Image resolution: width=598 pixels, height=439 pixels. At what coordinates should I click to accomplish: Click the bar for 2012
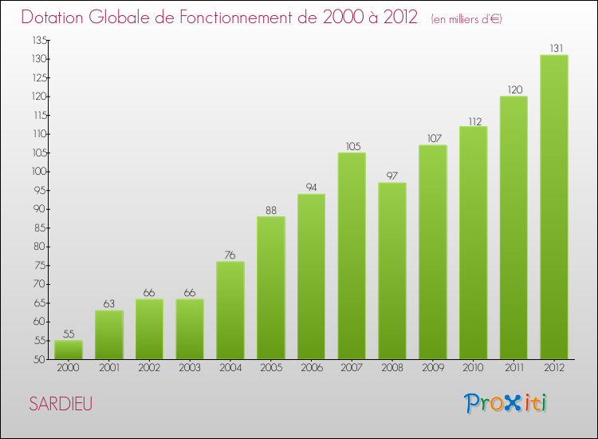(x=553, y=208)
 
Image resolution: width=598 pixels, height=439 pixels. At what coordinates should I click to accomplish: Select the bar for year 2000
(x=69, y=350)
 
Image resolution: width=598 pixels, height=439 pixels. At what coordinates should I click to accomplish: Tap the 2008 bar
(x=392, y=271)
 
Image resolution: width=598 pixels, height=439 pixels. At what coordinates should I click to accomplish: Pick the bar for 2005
(x=270, y=288)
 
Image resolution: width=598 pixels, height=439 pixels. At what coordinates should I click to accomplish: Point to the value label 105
(x=352, y=145)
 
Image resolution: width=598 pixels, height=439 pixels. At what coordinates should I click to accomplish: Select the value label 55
(x=69, y=334)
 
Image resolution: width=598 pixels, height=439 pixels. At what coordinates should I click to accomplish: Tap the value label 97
(x=392, y=176)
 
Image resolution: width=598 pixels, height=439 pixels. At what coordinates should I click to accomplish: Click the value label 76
(x=230, y=255)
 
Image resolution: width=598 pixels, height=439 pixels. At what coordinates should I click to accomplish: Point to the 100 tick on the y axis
(x=37, y=172)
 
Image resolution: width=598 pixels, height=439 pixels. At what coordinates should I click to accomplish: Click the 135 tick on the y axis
(x=37, y=40)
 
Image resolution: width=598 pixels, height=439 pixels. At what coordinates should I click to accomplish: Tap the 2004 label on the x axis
(x=230, y=368)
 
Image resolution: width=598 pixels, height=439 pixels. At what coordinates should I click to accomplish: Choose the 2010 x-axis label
(x=473, y=368)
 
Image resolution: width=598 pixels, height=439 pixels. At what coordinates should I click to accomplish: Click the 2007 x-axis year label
(x=352, y=368)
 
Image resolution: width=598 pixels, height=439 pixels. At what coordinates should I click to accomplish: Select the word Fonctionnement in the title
(x=235, y=17)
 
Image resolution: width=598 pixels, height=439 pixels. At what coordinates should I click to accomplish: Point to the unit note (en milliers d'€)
(x=466, y=18)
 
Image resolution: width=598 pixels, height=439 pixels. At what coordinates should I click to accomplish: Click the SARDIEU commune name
(x=61, y=404)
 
